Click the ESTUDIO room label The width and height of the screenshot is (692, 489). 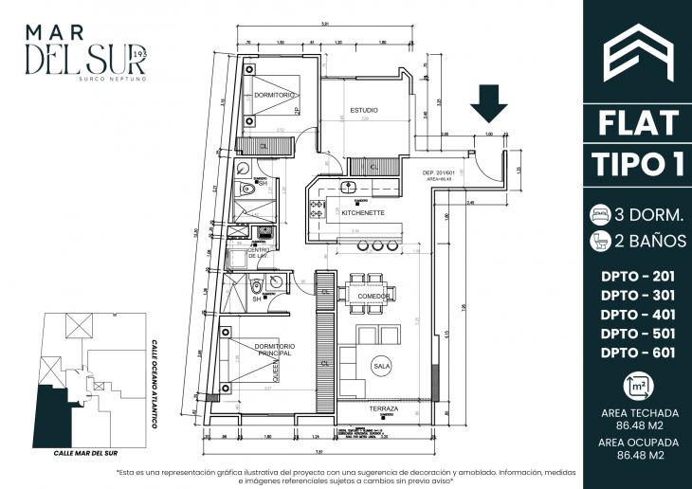tap(364, 111)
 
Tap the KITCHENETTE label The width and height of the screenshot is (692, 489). tap(363, 213)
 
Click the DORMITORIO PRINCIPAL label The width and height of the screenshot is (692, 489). tap(275, 350)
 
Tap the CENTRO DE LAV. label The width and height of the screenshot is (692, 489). tap(261, 254)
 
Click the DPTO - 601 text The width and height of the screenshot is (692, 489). tap(636, 353)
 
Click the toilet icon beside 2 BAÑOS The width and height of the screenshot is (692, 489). tap(599, 241)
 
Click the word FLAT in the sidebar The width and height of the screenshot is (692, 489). tap(636, 122)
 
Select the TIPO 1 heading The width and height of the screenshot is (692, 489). tap(636, 163)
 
